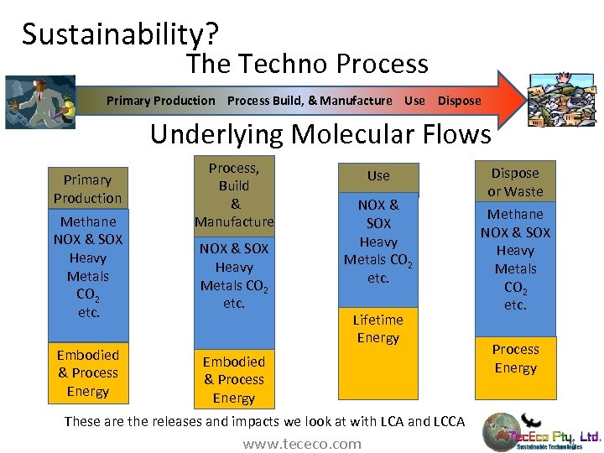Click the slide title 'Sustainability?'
tap(121, 34)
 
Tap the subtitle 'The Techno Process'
tap(307, 64)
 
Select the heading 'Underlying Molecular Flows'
tap(320, 133)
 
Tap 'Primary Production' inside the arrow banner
tap(160, 101)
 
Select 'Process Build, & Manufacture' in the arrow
tap(309, 101)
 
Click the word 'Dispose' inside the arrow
tap(459, 101)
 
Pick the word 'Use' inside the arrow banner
tap(414, 101)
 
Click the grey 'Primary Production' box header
tap(87, 189)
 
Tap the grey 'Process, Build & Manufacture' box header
tap(234, 195)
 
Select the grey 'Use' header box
tap(378, 176)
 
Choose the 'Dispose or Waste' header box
tap(515, 182)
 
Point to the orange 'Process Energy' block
tap(515, 359)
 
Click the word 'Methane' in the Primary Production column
tap(87, 222)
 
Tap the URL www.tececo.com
tap(302, 444)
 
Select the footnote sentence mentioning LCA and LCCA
tap(263, 421)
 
